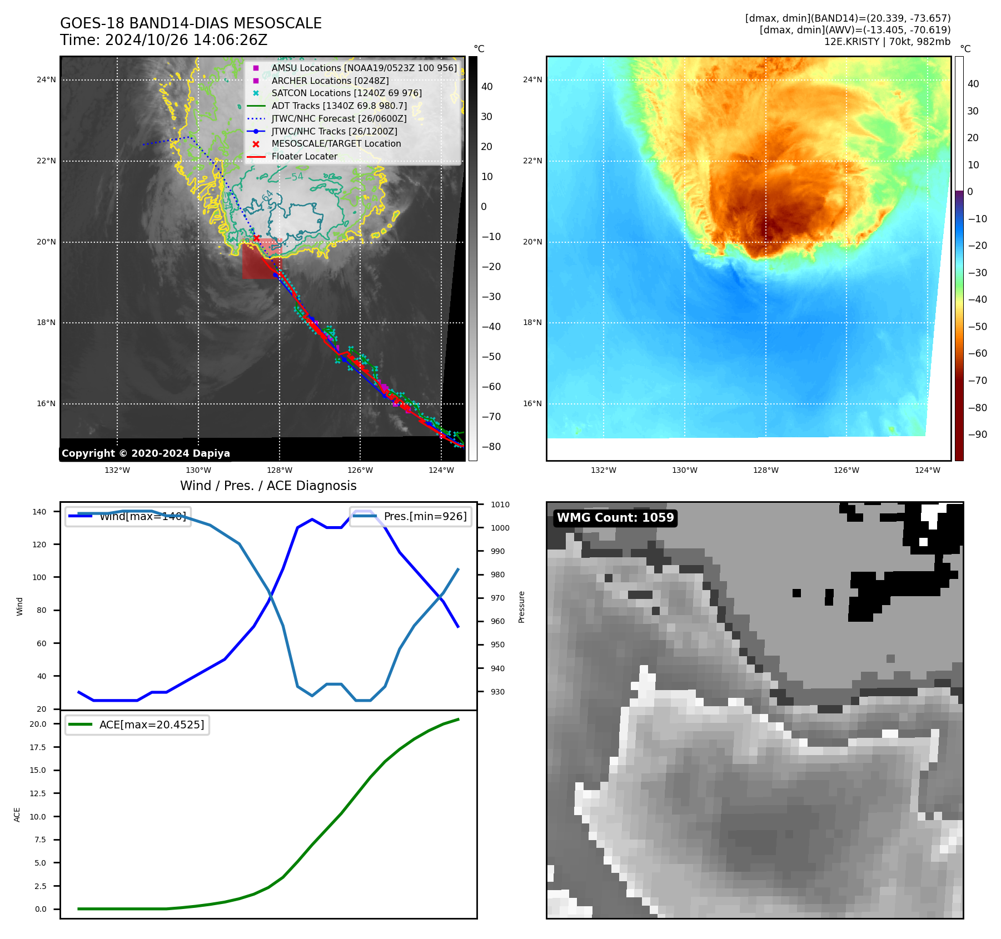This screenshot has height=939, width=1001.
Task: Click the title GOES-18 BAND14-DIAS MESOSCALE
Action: coord(191,23)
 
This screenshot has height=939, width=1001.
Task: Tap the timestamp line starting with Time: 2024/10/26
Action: coord(163,40)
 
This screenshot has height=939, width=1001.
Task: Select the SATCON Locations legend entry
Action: coord(346,93)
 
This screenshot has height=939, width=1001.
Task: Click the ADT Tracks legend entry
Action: coord(339,106)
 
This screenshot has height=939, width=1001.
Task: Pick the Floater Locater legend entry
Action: coord(304,157)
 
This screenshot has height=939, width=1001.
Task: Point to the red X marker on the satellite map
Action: coord(256,238)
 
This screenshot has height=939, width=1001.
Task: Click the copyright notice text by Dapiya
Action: coord(146,453)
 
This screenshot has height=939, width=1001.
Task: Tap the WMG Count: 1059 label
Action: coord(615,518)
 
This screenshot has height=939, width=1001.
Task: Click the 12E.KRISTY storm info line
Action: coord(887,42)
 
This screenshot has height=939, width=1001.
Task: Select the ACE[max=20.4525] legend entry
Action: coord(151,725)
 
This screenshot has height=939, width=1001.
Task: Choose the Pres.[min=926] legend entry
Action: coord(425,516)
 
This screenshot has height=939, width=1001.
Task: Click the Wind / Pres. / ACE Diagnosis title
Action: coord(268,486)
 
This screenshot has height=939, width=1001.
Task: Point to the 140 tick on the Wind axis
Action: coord(39,512)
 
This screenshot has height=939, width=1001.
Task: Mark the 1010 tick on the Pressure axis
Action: coord(500,505)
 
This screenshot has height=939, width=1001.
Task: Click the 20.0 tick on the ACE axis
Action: coord(38,724)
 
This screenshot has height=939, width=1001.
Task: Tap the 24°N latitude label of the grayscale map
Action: coord(46,80)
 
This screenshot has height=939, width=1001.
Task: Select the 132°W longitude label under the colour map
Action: coord(603,470)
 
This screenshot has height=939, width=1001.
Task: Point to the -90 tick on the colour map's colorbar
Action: coord(977,434)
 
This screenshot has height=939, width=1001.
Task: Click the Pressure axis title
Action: coord(521,607)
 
